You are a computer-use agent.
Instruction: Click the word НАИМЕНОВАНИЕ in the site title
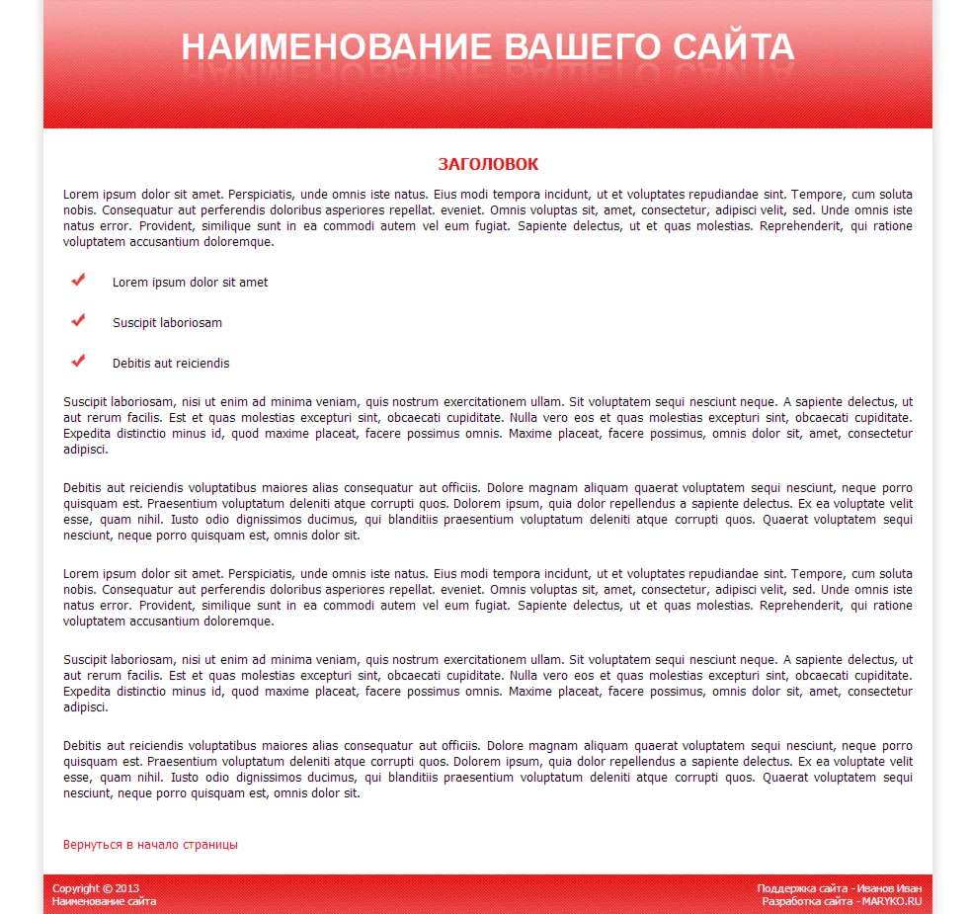coord(336,47)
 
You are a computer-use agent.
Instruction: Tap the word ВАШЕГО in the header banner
coord(582,47)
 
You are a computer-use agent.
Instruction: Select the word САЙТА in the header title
coord(734,47)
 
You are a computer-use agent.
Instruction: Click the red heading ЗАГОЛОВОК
coord(488,164)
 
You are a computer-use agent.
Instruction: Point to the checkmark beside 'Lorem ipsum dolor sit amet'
coord(79,281)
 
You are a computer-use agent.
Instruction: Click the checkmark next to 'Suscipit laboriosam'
coord(79,321)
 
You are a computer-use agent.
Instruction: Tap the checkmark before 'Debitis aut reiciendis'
coord(79,362)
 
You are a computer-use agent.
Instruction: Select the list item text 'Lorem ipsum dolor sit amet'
coord(190,283)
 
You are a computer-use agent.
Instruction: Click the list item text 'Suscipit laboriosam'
coord(167,323)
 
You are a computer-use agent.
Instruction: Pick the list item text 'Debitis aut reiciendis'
coord(171,364)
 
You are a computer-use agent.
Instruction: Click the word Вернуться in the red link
coord(92,845)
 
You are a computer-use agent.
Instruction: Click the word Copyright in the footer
coord(76,888)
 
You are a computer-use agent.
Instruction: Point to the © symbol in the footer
coord(107,888)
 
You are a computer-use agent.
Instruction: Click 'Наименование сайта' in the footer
coord(104,901)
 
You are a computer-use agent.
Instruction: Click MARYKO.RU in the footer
coord(891,901)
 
